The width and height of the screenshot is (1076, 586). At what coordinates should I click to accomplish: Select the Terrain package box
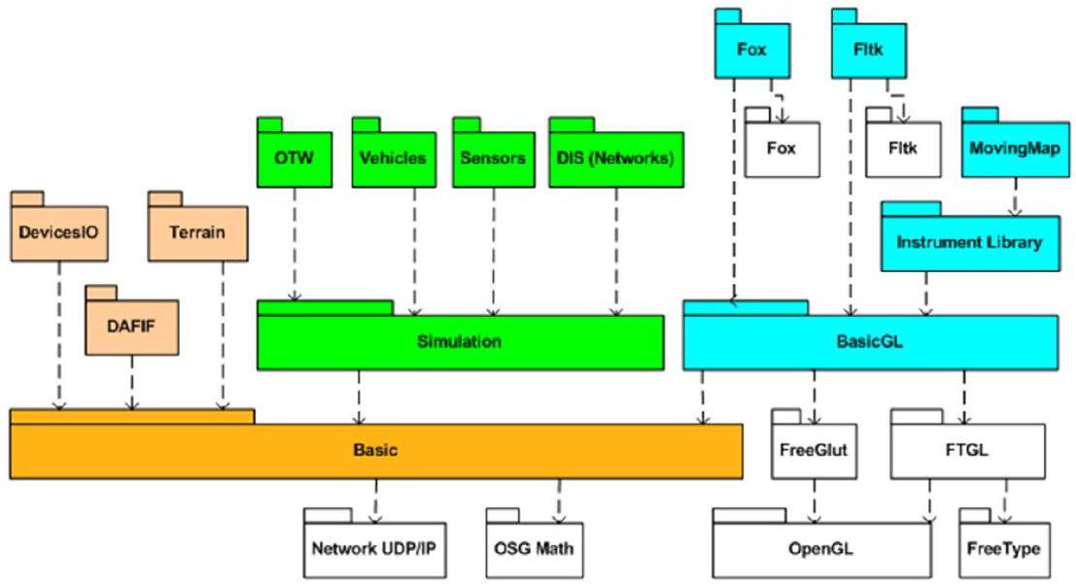coord(197,233)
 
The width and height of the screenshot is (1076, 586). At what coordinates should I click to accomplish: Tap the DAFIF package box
coord(132,326)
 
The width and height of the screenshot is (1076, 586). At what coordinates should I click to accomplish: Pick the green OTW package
coord(294,157)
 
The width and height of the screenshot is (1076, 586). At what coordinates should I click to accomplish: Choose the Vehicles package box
coord(392,157)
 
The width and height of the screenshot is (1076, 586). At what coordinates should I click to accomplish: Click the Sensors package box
coord(493,157)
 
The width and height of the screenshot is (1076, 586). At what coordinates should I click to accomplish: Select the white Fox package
coord(781,149)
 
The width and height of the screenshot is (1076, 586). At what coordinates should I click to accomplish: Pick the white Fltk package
coord(903,149)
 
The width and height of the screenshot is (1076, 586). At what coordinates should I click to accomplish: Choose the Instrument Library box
coord(969,242)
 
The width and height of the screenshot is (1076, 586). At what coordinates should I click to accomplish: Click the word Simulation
coord(459,342)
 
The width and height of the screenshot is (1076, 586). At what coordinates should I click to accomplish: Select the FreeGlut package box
coord(814,451)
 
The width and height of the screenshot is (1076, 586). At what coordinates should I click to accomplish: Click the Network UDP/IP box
coord(374,547)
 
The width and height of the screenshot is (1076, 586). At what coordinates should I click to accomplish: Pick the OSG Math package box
coord(530,547)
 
